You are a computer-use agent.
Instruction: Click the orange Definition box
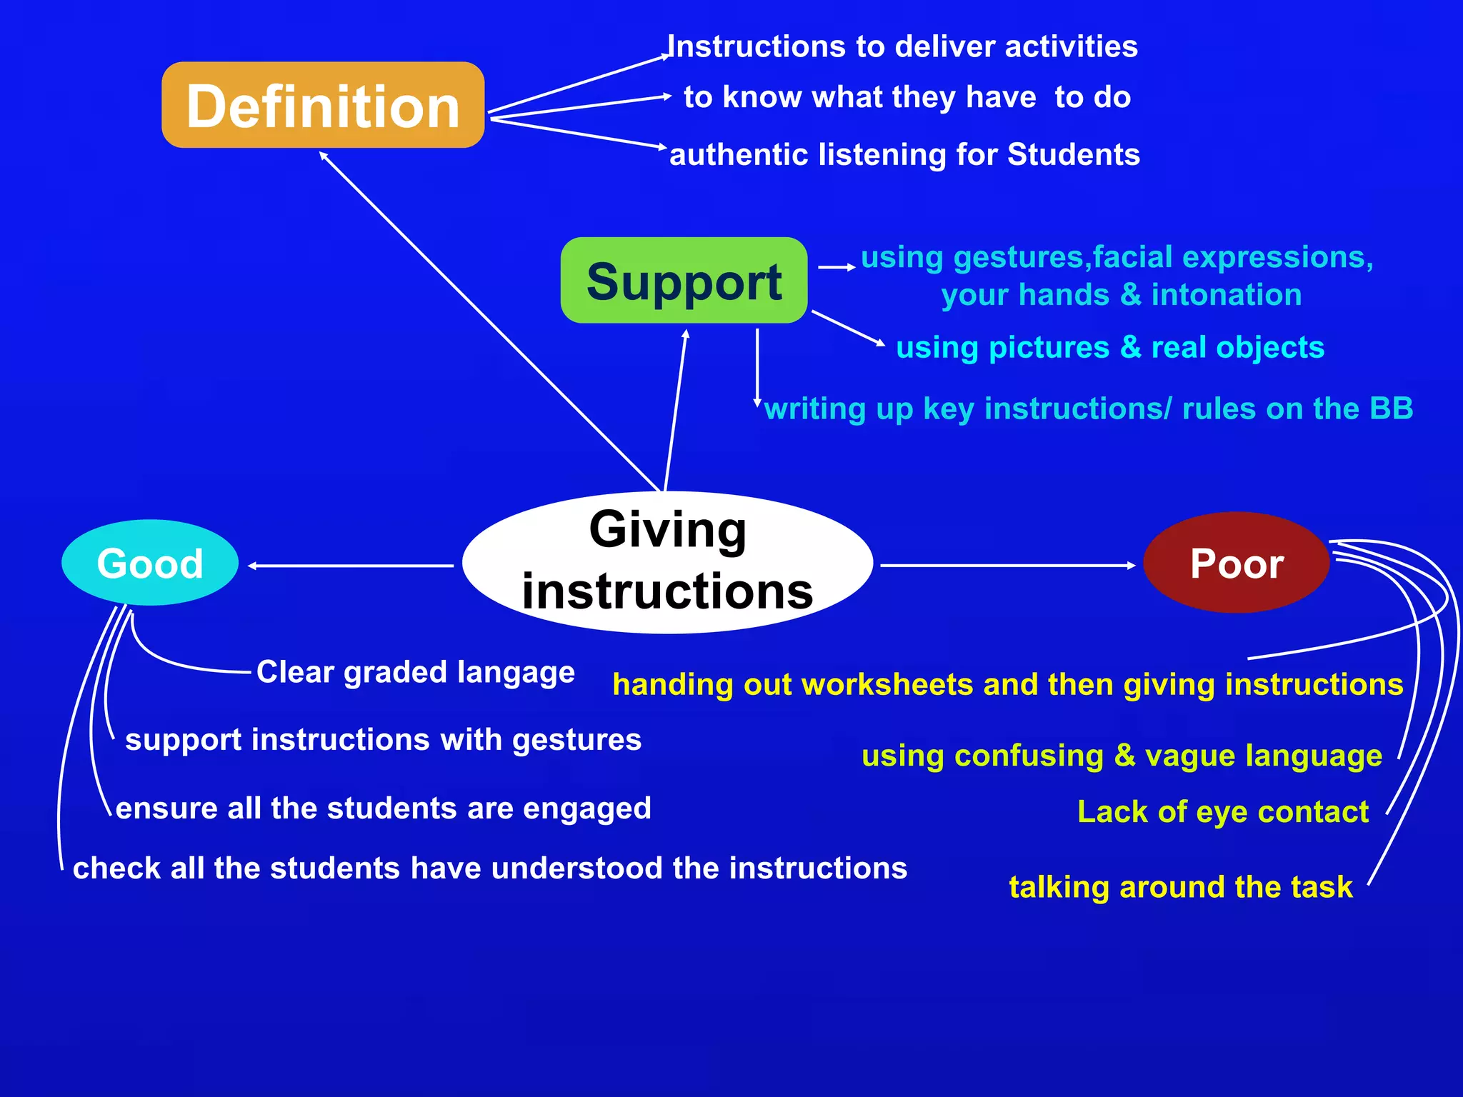323,105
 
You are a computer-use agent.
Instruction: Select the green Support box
684,281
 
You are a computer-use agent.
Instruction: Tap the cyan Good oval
150,563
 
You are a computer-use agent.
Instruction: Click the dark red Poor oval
1236,563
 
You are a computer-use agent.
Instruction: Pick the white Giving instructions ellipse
667,562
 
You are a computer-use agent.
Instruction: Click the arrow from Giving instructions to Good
350,566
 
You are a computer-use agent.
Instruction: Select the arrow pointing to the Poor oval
1007,566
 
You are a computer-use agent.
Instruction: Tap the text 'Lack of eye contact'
1222,812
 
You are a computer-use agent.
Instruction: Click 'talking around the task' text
1180,887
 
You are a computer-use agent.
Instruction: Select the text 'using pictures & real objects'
1109,348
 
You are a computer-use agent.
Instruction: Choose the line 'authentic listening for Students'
904,155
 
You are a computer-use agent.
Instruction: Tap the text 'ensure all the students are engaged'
383,808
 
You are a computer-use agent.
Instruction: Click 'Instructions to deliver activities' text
902,47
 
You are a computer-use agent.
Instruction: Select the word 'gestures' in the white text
576,741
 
